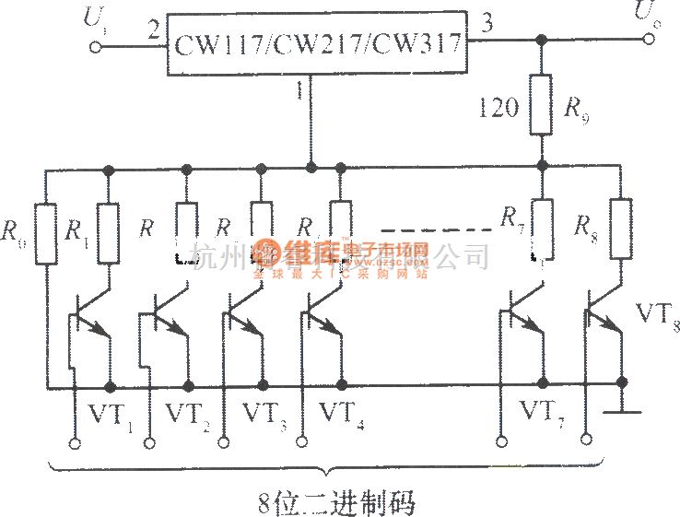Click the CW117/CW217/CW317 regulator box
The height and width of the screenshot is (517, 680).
(x=317, y=42)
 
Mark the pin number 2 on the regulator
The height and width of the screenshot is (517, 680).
(x=152, y=29)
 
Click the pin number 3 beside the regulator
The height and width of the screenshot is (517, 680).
(x=487, y=26)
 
